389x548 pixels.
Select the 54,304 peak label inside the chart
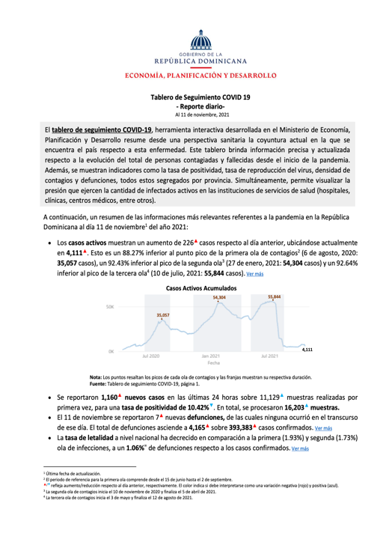(219, 276)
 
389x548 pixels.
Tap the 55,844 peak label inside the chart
(275, 275)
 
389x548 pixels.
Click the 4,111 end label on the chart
(307, 349)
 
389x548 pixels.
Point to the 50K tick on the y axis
(109, 286)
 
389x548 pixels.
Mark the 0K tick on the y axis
(111, 350)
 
